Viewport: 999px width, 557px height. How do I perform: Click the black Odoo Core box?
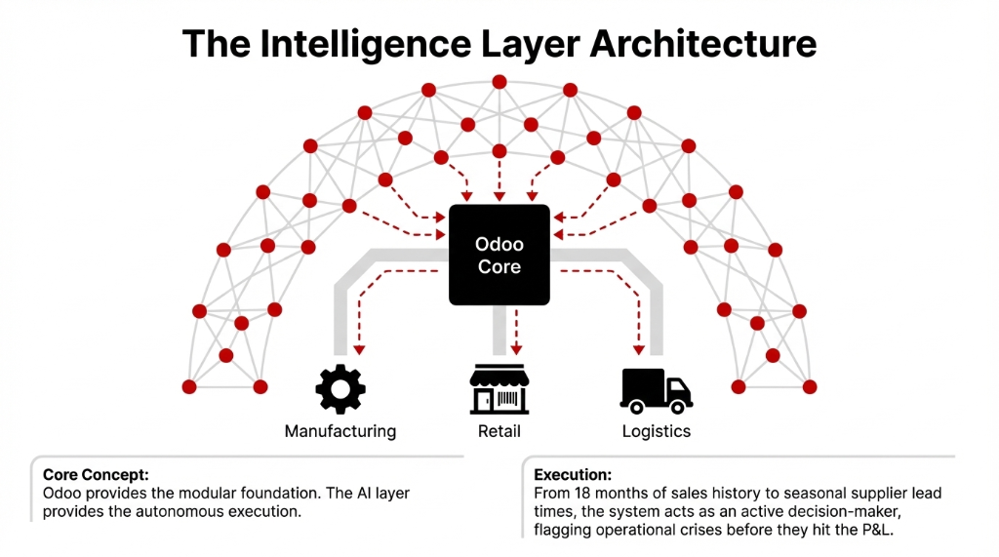pyautogui.click(x=499, y=254)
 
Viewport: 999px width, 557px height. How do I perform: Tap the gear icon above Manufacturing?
pyautogui.click(x=340, y=390)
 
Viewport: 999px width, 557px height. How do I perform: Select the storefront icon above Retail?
pyautogui.click(x=499, y=390)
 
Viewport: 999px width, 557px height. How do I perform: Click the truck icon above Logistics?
pyautogui.click(x=656, y=389)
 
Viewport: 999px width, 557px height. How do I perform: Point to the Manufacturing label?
pyautogui.click(x=340, y=431)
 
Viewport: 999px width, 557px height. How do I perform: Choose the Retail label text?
pyautogui.click(x=499, y=431)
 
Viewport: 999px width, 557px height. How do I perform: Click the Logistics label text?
pyautogui.click(x=656, y=431)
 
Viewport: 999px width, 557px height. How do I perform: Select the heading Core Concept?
pyautogui.click(x=96, y=475)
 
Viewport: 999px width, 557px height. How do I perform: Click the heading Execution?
pyautogui.click(x=573, y=475)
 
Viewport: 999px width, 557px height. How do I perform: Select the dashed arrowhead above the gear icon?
pyautogui.click(x=358, y=348)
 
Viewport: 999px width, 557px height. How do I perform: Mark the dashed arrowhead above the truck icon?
pyautogui.click(x=641, y=348)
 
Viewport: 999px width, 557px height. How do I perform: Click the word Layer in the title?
pyautogui.click(x=516, y=44)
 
